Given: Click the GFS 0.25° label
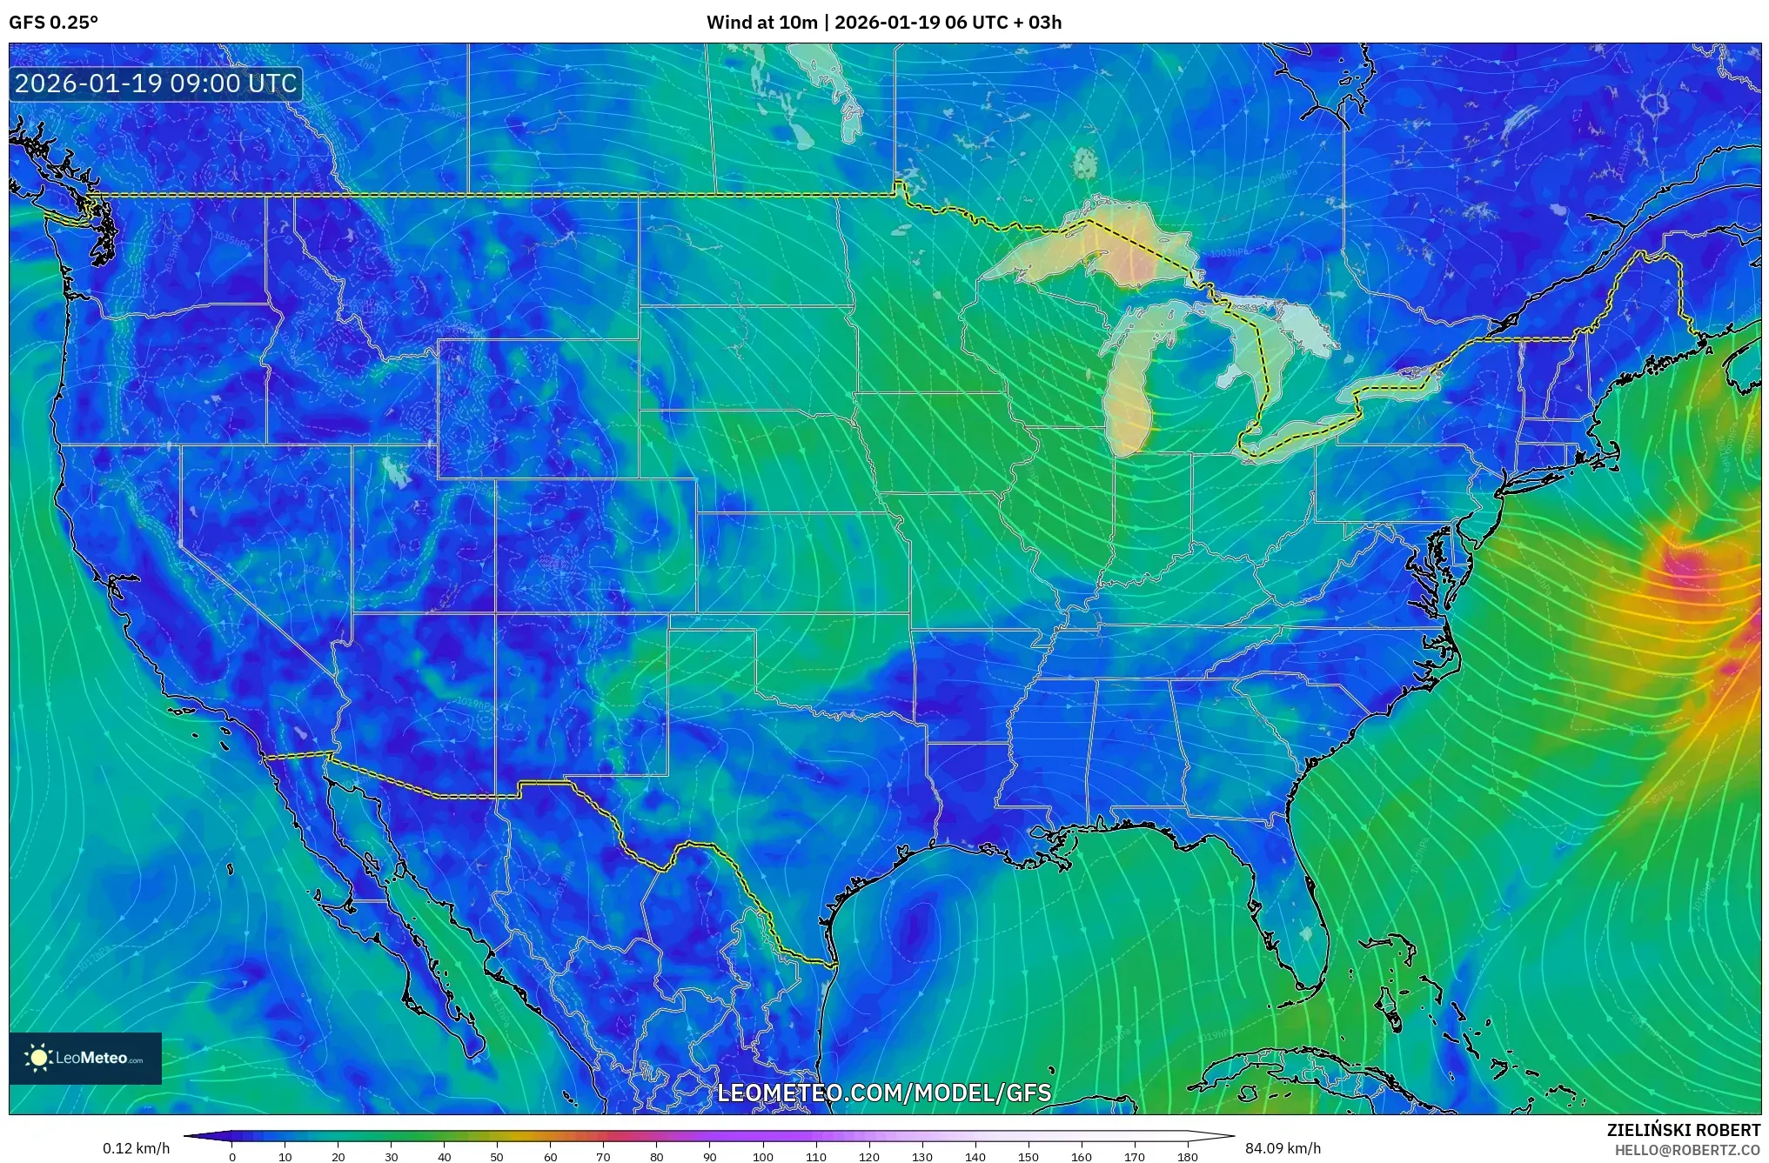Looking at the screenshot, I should coord(53,23).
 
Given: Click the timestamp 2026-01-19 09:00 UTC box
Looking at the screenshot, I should coord(156,84).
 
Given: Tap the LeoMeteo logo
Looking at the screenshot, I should coord(85,1058).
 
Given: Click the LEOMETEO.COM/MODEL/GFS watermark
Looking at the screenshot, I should coord(884,1093).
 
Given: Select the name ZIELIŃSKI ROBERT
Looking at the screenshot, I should coord(1683,1130).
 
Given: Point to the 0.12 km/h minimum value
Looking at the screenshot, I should coord(136,1148).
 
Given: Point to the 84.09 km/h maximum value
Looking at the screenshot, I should coord(1283,1148).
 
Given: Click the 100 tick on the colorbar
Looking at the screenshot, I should coord(762,1157).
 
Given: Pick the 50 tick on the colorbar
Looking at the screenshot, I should coord(497,1157).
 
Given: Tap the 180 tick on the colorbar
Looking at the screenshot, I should coord(1187,1157).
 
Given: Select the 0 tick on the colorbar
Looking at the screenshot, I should coord(231,1157).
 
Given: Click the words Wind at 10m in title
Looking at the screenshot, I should coord(761,23).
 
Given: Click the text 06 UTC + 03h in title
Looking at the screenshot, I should coord(1003,23).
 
